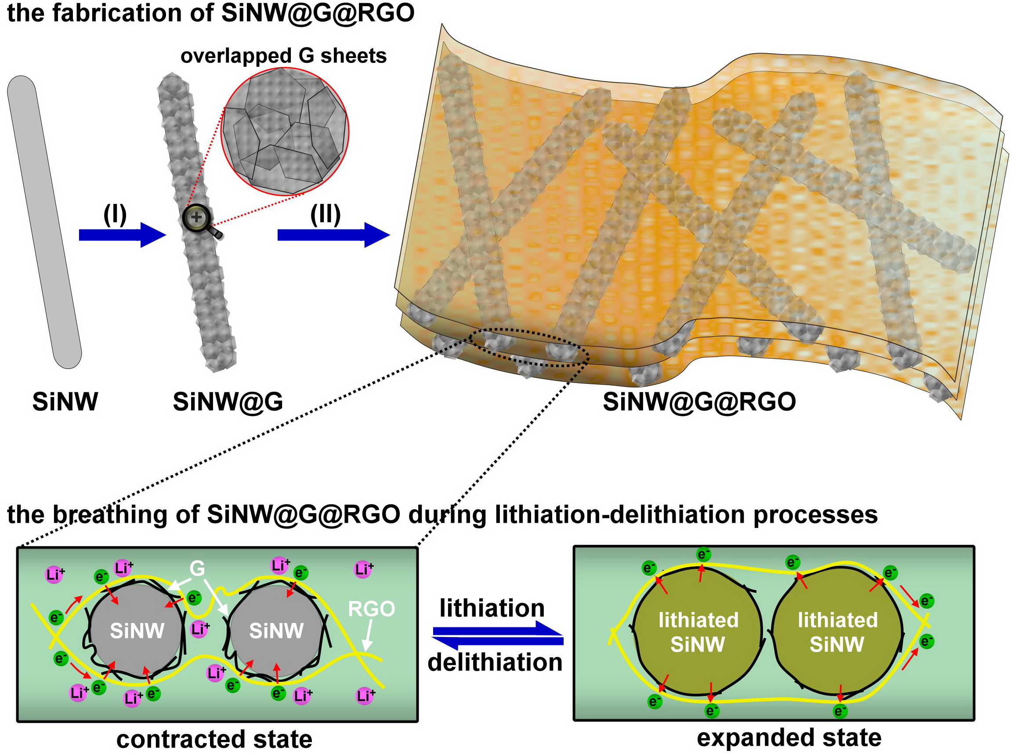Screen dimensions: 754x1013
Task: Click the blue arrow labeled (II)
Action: point(333,235)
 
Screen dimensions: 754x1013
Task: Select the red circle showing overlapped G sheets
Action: point(285,131)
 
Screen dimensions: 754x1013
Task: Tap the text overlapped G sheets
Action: point(283,56)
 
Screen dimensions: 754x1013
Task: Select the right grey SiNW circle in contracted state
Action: point(276,630)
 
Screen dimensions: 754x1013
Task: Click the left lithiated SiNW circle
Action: point(698,632)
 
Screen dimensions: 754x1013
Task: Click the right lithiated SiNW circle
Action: point(837,632)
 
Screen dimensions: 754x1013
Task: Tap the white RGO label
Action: point(371,609)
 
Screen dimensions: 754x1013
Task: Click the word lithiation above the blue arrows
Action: point(492,608)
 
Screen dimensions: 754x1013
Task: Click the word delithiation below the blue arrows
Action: point(495,662)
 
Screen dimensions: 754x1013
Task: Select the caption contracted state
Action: point(214,739)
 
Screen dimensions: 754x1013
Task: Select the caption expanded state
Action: point(789,738)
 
